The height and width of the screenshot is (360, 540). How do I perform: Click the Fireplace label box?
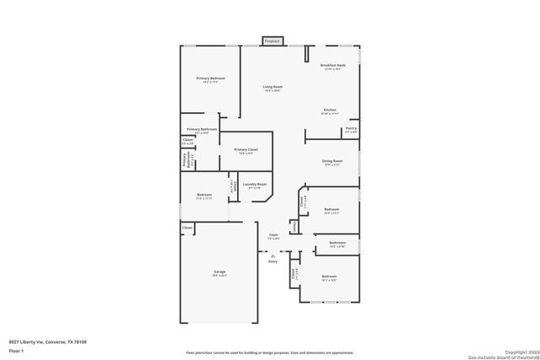pos(272,40)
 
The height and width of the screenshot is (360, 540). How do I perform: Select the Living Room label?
pos(272,87)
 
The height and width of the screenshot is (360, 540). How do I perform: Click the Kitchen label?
pos(330,110)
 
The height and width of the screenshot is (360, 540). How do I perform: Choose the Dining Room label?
pos(332,162)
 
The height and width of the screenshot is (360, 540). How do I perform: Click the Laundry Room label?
pos(254,185)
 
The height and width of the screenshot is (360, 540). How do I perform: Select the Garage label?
pos(219,272)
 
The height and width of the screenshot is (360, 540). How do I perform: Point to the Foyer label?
pos(273,235)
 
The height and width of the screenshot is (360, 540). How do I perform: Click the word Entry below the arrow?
pos(273,261)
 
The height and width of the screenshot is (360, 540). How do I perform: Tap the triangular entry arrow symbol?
pos(273,254)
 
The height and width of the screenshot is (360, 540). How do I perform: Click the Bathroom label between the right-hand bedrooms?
pos(337,244)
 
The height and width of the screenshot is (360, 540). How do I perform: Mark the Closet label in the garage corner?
pos(187,227)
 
